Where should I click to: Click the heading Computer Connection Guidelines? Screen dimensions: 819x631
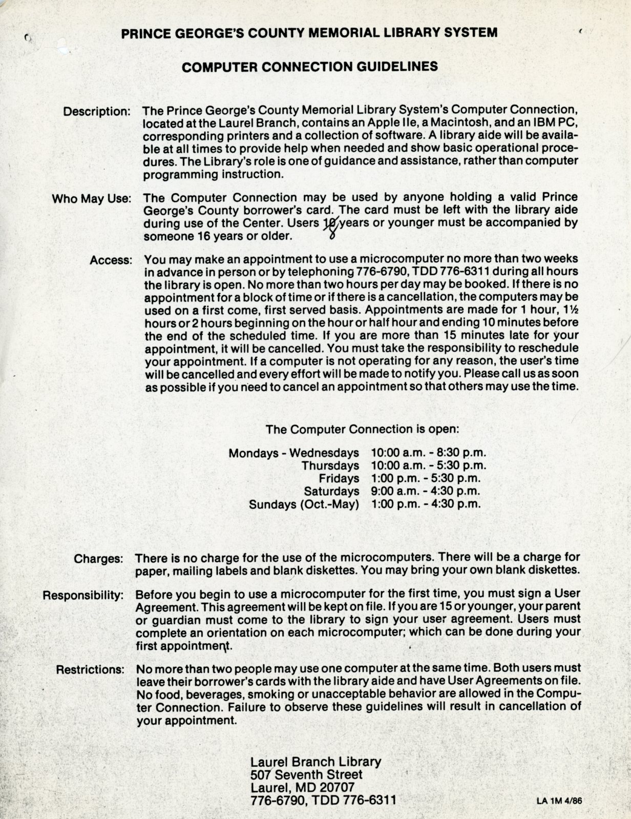(x=310, y=66)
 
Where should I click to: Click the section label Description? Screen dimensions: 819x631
(x=97, y=111)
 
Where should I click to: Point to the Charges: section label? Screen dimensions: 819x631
(x=98, y=558)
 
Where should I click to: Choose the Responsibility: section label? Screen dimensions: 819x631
(x=83, y=596)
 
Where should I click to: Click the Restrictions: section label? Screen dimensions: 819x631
(x=90, y=670)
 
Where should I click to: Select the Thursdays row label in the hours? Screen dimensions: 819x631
(x=330, y=466)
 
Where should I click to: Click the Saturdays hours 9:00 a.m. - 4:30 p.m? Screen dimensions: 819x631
(x=426, y=491)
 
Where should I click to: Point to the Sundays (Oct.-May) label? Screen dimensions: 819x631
(x=304, y=504)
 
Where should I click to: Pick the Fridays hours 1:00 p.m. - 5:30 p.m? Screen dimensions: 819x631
(x=426, y=479)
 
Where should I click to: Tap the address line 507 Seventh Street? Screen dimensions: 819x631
(x=306, y=774)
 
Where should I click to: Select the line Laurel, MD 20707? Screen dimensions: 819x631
(x=302, y=787)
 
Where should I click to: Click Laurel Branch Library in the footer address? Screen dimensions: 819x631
(x=316, y=762)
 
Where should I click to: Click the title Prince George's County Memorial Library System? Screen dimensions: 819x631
(x=309, y=33)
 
